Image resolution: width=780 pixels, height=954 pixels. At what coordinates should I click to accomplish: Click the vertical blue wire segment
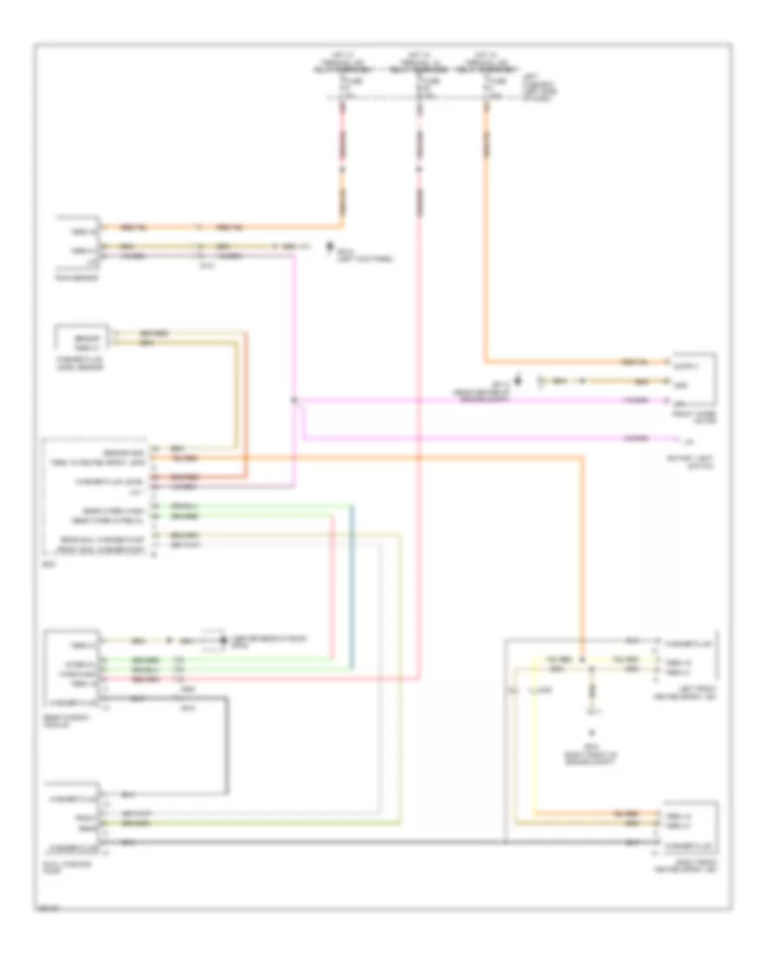(x=353, y=590)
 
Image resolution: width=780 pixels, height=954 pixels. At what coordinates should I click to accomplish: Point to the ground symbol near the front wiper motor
(x=517, y=379)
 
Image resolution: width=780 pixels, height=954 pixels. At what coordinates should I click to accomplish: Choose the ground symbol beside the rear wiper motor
(x=220, y=641)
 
